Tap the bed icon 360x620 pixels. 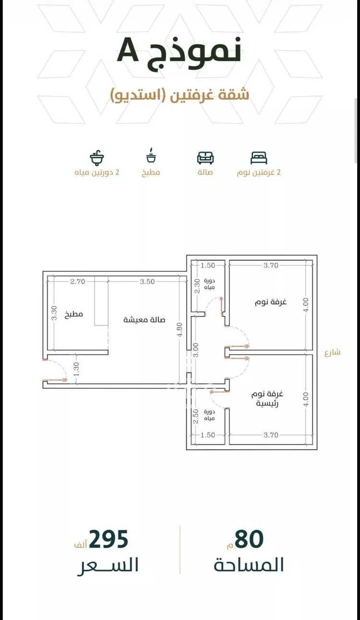(x=259, y=158)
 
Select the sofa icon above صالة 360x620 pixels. (x=205, y=158)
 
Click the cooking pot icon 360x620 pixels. (x=151, y=155)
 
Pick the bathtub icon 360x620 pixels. (x=96, y=158)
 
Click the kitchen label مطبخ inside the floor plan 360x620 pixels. (x=74, y=315)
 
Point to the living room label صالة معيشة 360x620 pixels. (x=144, y=320)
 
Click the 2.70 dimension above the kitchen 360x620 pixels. (x=78, y=282)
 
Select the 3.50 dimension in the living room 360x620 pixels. (x=147, y=282)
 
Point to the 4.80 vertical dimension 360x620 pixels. (x=180, y=329)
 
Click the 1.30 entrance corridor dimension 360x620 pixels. (x=77, y=369)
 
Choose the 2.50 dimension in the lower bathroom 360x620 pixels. (x=196, y=416)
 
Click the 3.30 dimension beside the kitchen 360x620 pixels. (x=55, y=313)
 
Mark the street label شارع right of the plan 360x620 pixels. (x=332, y=353)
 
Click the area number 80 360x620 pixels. (x=249, y=539)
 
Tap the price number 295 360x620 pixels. (x=108, y=539)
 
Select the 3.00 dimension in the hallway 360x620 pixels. (x=196, y=350)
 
